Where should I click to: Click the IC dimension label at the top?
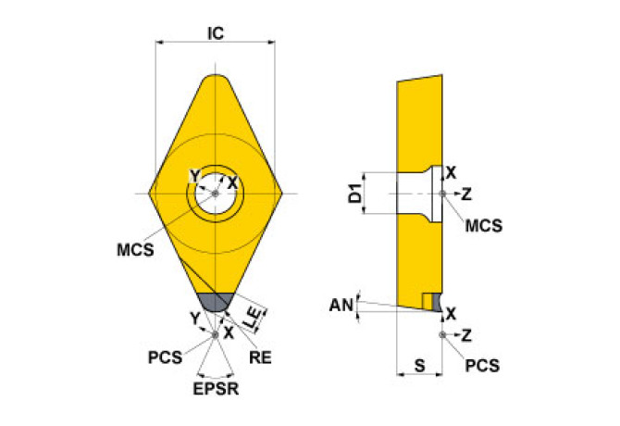[216, 33]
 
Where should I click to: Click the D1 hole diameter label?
[353, 194]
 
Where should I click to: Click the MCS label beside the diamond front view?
[135, 248]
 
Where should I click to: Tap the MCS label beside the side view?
[483, 225]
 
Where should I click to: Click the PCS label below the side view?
[483, 366]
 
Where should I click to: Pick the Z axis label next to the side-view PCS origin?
[466, 334]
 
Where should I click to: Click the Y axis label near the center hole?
[193, 176]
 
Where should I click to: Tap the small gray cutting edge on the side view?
[428, 301]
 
